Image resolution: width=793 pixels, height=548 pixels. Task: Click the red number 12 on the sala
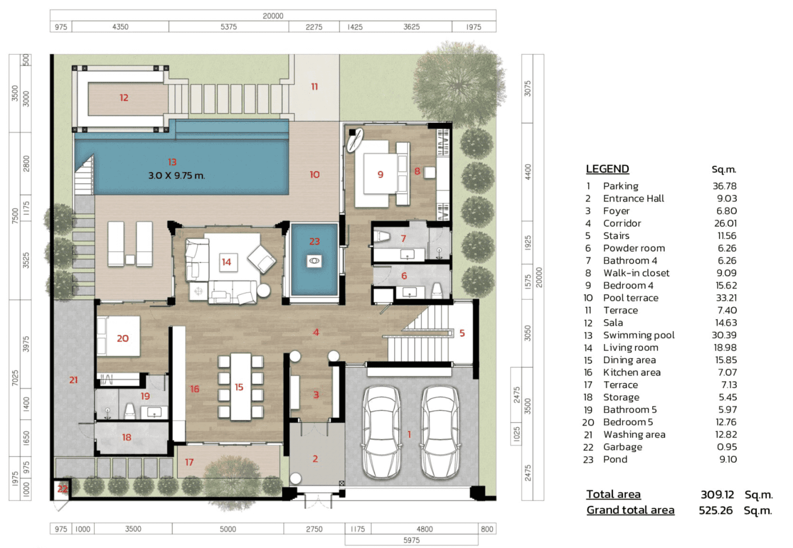(123, 98)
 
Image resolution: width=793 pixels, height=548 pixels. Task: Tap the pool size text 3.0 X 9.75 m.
(176, 175)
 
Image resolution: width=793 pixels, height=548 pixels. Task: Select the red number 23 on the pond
(314, 241)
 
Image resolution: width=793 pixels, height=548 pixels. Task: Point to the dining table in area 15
(241, 386)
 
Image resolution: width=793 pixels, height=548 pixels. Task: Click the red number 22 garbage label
(62, 489)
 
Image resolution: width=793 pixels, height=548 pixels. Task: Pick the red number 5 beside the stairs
(462, 333)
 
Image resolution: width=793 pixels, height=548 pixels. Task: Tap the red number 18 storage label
(126, 437)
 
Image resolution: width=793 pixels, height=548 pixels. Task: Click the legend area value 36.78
(724, 186)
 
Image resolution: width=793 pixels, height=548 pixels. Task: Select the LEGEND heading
(608, 168)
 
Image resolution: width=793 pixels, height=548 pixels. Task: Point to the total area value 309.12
(717, 494)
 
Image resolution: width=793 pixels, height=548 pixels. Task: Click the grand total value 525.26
(716, 510)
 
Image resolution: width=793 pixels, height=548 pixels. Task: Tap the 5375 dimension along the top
(229, 27)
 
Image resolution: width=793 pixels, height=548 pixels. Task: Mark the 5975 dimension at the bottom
(411, 540)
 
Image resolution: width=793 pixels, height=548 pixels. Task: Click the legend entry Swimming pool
(639, 335)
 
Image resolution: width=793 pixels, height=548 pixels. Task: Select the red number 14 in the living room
(226, 262)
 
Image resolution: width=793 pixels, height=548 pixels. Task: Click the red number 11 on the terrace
(314, 86)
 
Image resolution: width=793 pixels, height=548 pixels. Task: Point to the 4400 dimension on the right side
(528, 172)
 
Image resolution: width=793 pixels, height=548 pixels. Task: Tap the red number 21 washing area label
(73, 380)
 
